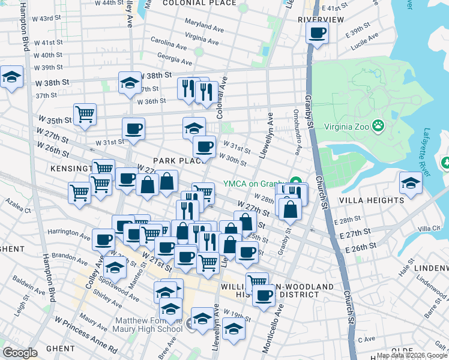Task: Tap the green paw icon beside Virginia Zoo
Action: tap(378, 126)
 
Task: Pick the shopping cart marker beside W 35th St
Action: tap(85, 113)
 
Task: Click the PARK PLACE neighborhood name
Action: tap(175, 161)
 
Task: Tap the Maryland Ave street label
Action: tap(204, 27)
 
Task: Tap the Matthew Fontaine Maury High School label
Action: tap(149, 325)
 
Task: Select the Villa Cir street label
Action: tap(429, 229)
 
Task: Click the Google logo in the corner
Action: tap(20, 353)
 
